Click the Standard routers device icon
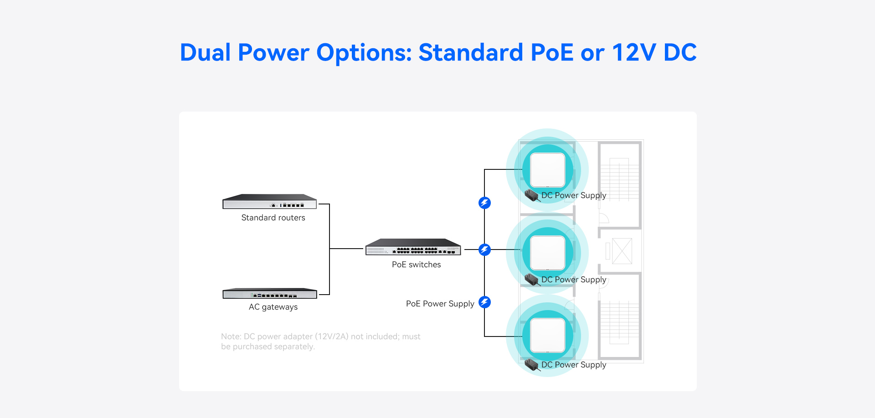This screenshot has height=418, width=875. pos(269,201)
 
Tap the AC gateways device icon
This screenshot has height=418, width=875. pos(269,293)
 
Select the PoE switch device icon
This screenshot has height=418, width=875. pos(413,247)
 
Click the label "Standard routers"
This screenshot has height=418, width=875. pos(273,218)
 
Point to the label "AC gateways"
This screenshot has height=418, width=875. pos(273,307)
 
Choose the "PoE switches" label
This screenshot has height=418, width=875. pos(416,265)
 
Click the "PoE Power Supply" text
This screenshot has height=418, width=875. pos(440,304)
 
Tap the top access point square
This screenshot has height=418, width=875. pos(547,170)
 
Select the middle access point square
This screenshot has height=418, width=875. pos(547,253)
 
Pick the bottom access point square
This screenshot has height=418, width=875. pos(547,336)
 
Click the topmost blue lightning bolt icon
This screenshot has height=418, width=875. pos(484,203)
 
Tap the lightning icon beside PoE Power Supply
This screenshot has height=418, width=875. pos(484,302)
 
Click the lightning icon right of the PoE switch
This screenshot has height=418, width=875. pos(484,250)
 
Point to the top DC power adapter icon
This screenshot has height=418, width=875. pos(531,196)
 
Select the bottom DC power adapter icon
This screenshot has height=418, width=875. pos(531,365)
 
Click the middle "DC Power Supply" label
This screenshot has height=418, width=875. pos(573,280)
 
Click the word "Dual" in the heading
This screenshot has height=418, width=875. pos(206,52)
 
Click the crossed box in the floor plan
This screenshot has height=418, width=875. pos(622,251)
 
